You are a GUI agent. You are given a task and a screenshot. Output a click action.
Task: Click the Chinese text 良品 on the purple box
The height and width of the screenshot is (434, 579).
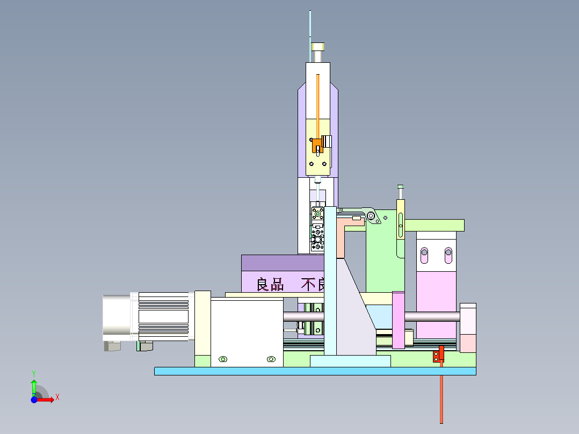[270, 284]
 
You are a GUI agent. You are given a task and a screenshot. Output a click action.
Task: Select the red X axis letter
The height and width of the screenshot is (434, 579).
[57, 397]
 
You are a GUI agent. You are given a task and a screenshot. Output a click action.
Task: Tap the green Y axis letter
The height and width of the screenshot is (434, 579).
[34, 372]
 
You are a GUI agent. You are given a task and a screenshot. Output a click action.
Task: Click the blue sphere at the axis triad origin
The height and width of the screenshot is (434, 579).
[34, 400]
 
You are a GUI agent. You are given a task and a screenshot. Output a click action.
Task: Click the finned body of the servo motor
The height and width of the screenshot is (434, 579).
[164, 316]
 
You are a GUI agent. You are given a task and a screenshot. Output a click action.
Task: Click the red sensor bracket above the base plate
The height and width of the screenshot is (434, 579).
[439, 355]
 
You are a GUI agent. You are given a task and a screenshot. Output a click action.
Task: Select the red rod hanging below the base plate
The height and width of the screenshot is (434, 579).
[442, 397]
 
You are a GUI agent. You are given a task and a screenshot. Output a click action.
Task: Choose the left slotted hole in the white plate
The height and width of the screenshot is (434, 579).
[424, 255]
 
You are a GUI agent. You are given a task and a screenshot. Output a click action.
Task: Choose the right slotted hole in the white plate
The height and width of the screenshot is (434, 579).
[448, 255]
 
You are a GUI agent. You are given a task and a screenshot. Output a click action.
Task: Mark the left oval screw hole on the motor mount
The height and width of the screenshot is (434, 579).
[223, 359]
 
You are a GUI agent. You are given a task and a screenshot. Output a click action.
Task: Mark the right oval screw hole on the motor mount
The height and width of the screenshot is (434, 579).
[271, 359]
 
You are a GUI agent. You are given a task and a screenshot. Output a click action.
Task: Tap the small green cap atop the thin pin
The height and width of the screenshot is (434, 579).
[400, 186]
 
